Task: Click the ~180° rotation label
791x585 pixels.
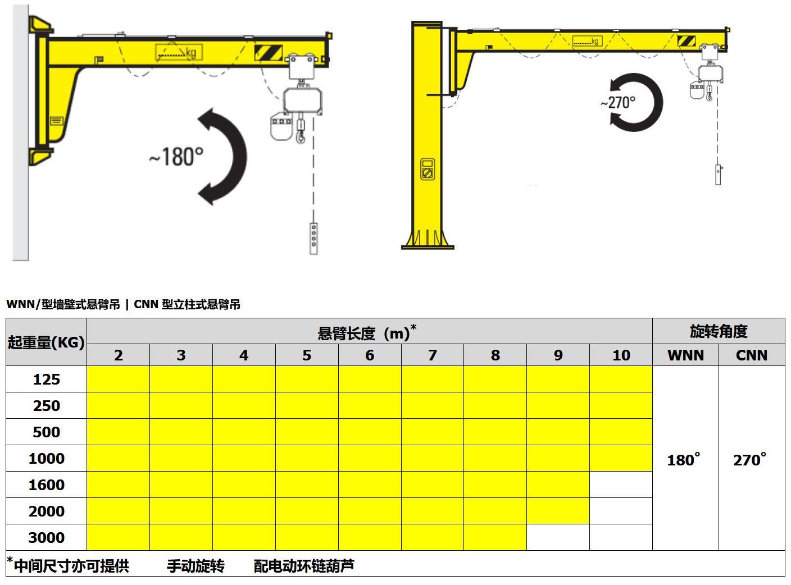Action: (x=176, y=157)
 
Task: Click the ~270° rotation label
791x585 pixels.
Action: (x=617, y=103)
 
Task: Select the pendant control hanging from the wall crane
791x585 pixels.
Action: (x=313, y=239)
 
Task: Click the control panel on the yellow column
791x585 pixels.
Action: (x=427, y=170)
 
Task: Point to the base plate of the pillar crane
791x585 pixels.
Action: (x=428, y=246)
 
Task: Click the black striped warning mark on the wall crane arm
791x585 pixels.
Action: (x=269, y=53)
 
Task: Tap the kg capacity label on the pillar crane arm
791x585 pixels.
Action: (x=588, y=41)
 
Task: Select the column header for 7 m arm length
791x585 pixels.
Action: (x=432, y=355)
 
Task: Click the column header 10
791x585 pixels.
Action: (x=621, y=355)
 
